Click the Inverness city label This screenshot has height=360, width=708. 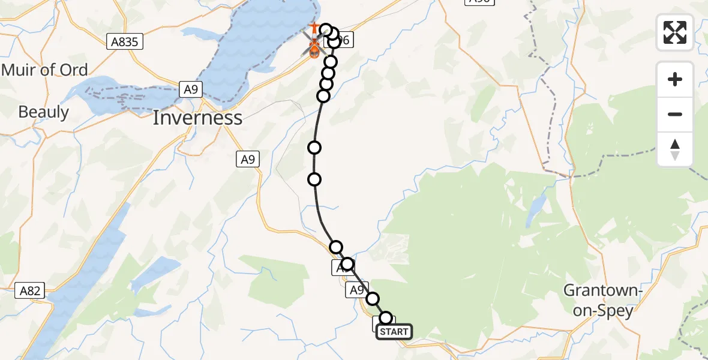(x=197, y=118)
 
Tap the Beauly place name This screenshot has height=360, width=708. (x=43, y=112)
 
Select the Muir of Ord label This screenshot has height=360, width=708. (x=44, y=70)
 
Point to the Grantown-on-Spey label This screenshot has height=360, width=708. (x=602, y=301)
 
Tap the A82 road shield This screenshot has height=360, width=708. (x=29, y=291)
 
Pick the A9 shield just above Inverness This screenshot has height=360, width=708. (x=190, y=89)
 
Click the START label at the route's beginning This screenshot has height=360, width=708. (x=394, y=332)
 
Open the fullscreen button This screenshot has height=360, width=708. (x=675, y=32)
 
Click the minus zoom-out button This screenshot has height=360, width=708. (x=675, y=114)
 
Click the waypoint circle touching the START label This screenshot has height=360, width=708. (x=386, y=318)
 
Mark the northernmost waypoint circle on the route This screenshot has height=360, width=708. (x=326, y=29)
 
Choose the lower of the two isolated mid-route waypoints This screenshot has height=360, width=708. (x=314, y=179)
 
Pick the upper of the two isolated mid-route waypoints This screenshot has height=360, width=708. (x=314, y=148)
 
